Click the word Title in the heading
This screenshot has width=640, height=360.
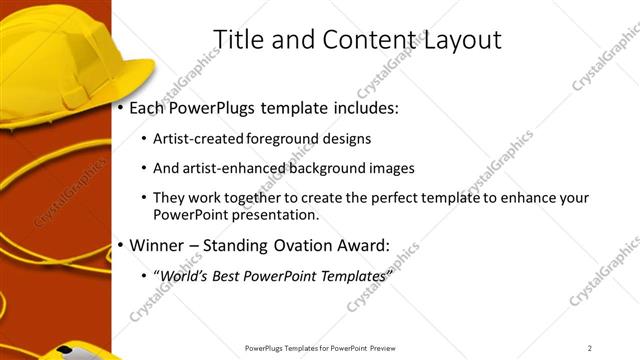(x=239, y=39)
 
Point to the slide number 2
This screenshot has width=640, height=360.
(x=590, y=347)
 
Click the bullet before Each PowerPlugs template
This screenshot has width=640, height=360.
(x=121, y=107)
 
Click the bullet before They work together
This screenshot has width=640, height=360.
(x=145, y=198)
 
